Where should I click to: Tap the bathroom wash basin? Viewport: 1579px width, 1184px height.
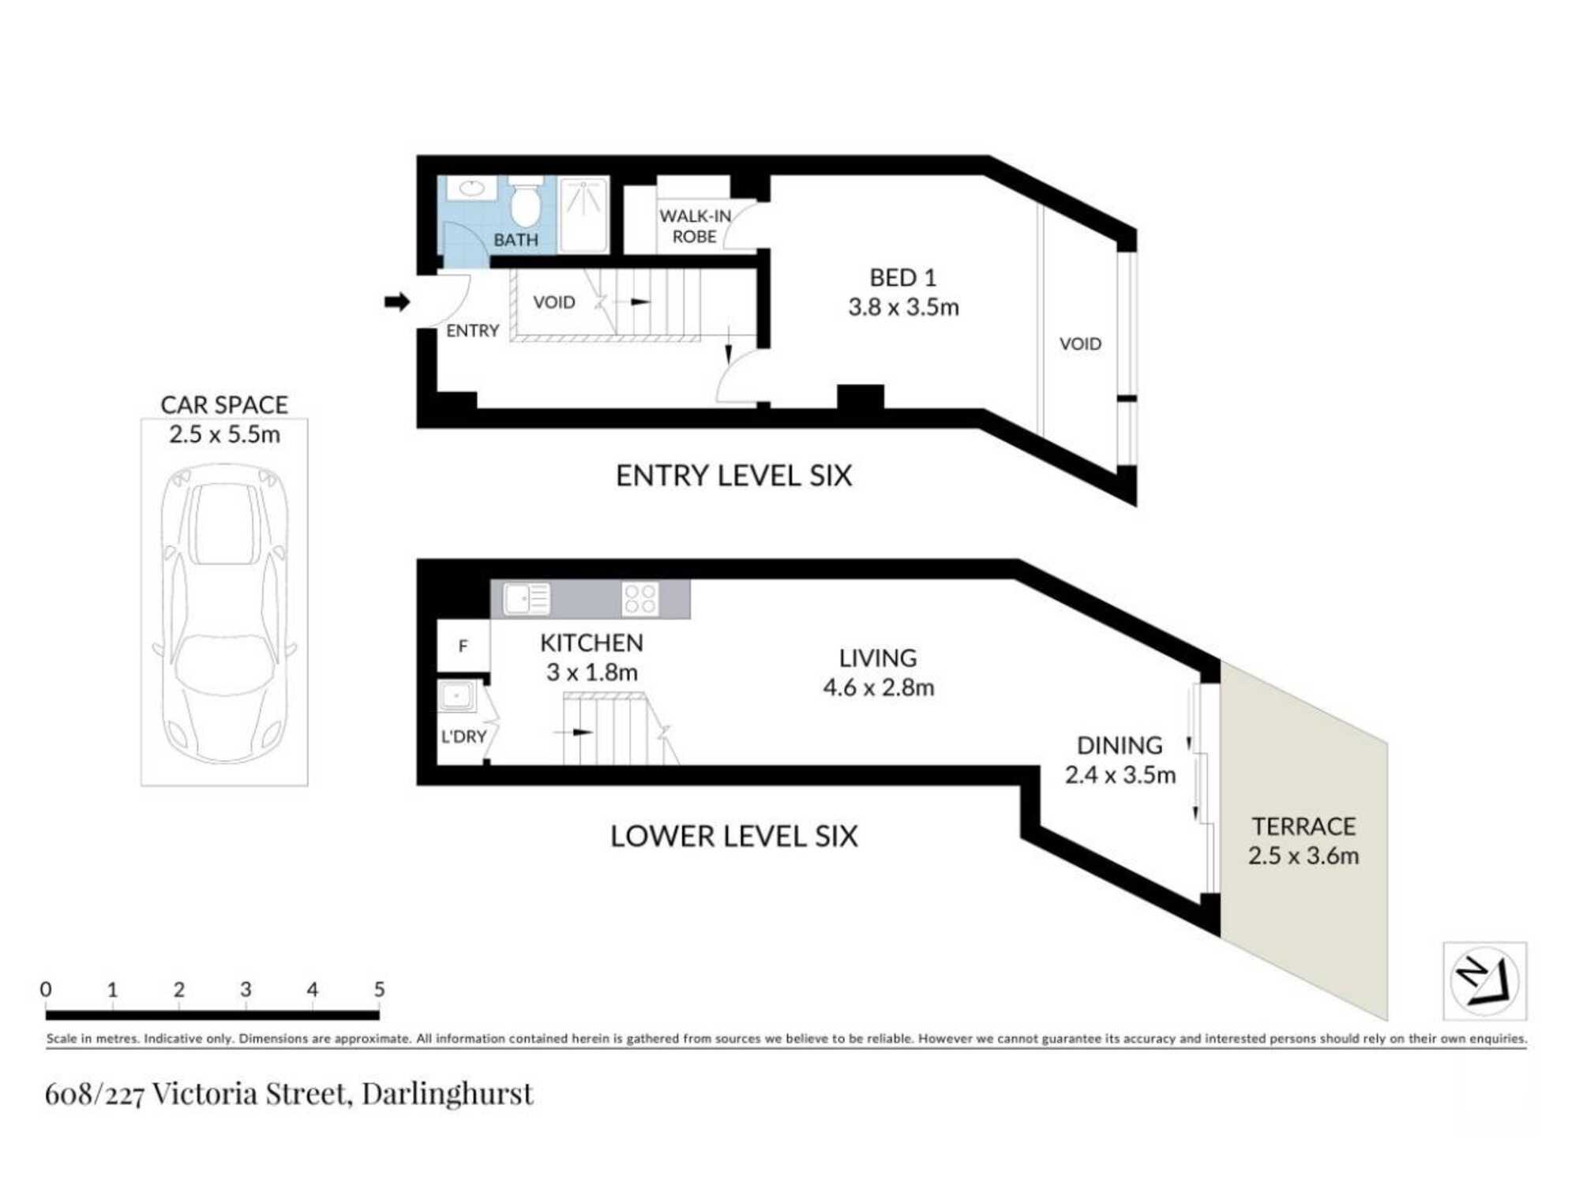pos(471,188)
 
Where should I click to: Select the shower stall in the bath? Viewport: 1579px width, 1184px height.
pos(583,215)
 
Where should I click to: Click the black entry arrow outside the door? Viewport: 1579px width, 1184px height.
pos(397,302)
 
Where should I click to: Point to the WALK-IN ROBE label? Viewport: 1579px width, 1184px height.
pos(695,226)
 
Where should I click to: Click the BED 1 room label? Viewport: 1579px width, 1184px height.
pos(902,278)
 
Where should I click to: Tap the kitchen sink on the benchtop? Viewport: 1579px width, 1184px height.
pos(527,598)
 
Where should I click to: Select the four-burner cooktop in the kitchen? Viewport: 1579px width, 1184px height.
pos(639,598)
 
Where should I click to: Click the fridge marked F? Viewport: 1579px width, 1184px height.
pos(463,646)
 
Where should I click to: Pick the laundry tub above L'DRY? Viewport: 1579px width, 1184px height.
pos(457,697)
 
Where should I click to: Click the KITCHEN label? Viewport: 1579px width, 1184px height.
pos(591,643)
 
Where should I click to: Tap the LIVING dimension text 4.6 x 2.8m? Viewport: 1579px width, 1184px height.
pos(878,688)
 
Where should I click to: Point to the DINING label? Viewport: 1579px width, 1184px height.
pos(1120,745)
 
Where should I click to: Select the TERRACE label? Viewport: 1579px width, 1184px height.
pos(1303,826)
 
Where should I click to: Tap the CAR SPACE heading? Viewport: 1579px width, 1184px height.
pos(224,405)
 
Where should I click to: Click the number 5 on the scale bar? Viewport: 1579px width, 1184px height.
pos(379,989)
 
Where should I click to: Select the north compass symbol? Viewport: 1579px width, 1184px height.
pos(1484,981)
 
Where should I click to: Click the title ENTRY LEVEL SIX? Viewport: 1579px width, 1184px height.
pos(733,476)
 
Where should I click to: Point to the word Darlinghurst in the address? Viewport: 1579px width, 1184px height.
pos(448,1094)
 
